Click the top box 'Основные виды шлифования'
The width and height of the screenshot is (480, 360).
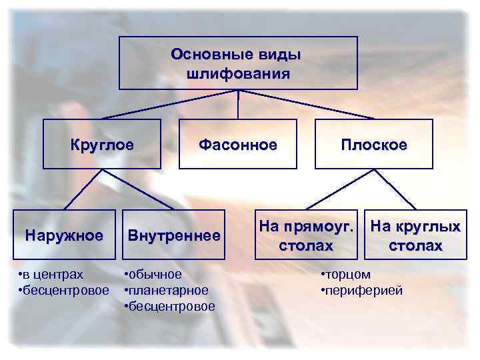click(x=238, y=63)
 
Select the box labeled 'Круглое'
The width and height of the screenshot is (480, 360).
click(x=102, y=143)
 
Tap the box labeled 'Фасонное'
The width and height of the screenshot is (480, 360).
click(x=238, y=143)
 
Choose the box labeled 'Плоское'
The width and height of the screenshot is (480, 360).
click(x=373, y=143)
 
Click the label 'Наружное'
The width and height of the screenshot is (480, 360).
click(x=64, y=235)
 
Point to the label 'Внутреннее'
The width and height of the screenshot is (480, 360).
click(x=174, y=235)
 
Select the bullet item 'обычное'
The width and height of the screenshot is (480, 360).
click(x=155, y=275)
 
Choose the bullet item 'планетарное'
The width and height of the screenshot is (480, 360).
click(x=169, y=290)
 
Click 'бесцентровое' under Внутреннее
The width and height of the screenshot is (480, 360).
click(x=172, y=306)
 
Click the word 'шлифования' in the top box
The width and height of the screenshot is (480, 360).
click(x=238, y=73)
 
